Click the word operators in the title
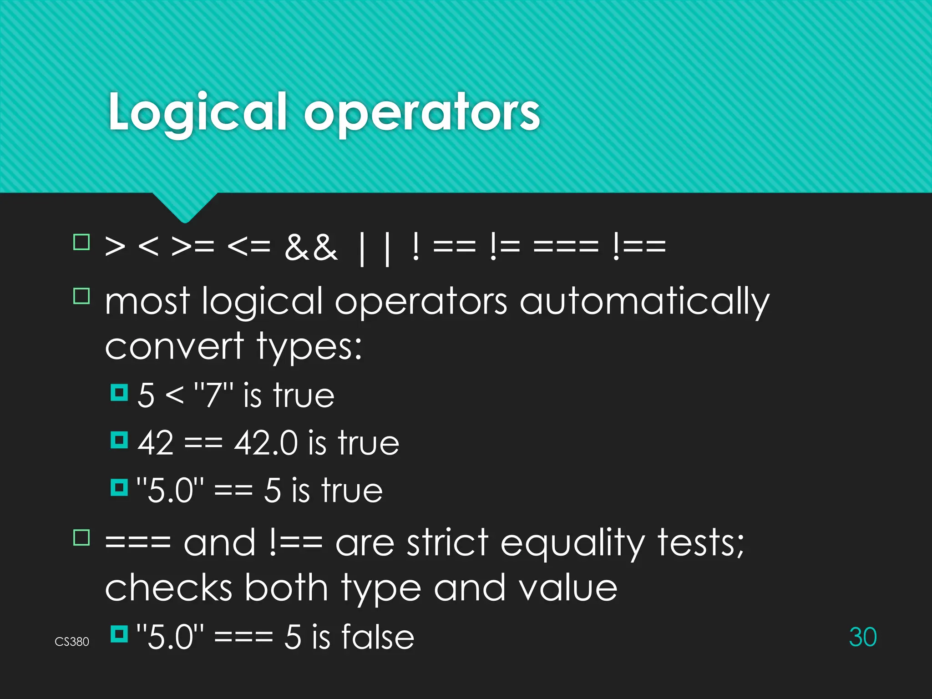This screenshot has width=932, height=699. tap(422, 114)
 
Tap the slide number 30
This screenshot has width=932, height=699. tap(862, 637)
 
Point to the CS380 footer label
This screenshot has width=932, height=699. tap(72, 642)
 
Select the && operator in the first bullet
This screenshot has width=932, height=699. tap(311, 248)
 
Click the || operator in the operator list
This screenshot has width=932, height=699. tap(374, 248)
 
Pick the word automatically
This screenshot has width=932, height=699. tap(644, 302)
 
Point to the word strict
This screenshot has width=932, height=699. tap(448, 543)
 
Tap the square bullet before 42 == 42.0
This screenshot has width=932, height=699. tap(119, 440)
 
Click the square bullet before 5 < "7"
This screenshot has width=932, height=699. tap(119, 392)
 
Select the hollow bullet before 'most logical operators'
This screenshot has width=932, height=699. tap(82, 296)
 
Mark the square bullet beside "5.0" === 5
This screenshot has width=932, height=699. tap(119, 633)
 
